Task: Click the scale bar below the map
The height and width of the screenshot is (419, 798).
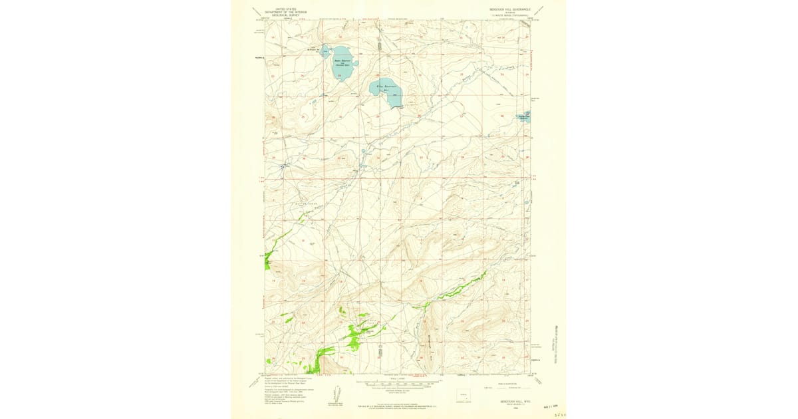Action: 399,384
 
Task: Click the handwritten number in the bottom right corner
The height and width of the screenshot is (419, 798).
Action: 557,413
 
